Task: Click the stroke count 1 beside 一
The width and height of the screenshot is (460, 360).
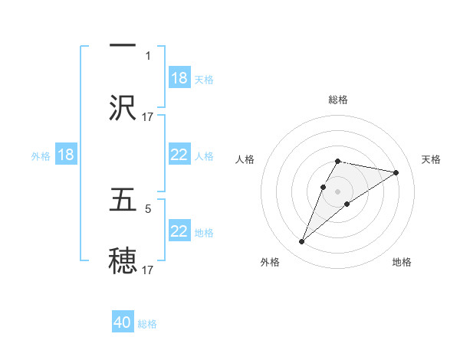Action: coord(148,55)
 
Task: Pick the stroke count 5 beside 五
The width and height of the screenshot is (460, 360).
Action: coord(148,208)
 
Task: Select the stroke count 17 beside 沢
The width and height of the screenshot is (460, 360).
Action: coord(148,116)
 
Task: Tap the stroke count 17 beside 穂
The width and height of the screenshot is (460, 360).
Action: coord(148,270)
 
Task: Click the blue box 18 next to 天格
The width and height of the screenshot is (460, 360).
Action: coord(179,78)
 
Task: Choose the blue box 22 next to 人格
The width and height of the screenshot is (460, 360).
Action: coord(179,155)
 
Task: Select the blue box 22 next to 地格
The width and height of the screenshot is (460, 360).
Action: coord(179,231)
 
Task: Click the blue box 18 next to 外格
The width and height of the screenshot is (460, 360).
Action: coord(66,155)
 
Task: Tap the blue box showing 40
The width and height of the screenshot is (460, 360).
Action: coord(123,322)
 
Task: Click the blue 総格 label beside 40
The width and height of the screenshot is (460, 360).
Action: coord(147,324)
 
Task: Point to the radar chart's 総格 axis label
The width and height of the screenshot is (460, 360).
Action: coord(338,100)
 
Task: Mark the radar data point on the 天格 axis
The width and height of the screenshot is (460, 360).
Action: coord(396,172)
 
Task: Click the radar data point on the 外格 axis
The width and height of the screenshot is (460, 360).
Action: coord(302,242)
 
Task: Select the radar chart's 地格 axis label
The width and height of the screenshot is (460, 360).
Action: coord(402,262)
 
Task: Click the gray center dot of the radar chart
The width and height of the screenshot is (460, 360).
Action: coord(338,191)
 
